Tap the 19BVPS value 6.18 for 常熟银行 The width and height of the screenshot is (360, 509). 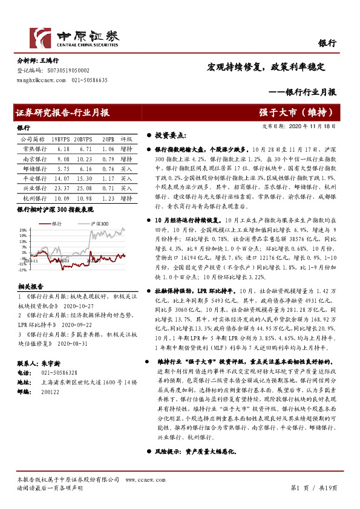(x=64, y=148)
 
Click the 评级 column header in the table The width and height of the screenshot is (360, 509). (x=126, y=138)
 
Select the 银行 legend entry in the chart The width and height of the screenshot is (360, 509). (x=57, y=224)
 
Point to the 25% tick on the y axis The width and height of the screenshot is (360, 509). (x=21, y=230)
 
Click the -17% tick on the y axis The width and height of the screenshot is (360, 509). (x=21, y=270)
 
